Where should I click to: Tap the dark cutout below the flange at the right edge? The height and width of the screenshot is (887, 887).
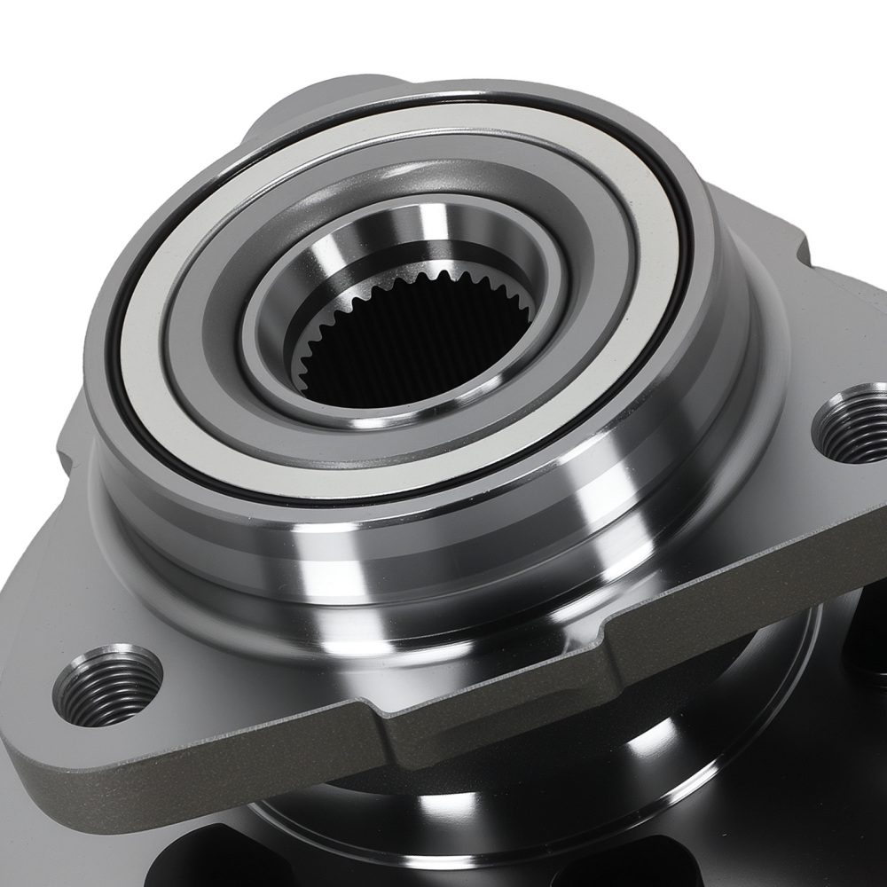point(865,639)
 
